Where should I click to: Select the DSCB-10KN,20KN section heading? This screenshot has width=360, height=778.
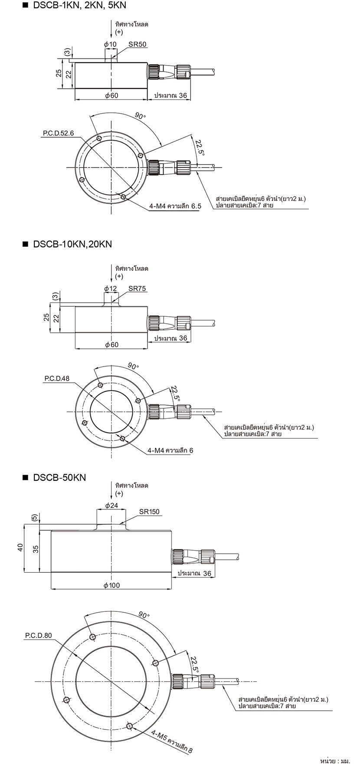(72, 244)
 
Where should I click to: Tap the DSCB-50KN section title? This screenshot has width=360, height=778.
(59, 477)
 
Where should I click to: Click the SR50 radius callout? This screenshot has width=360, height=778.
(137, 45)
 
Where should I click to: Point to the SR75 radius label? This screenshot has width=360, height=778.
(137, 289)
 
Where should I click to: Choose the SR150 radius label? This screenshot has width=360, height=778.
(149, 512)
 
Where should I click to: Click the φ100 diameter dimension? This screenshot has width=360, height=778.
(111, 585)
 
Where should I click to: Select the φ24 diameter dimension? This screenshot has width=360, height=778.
(111, 505)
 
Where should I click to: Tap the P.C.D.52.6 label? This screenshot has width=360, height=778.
(59, 133)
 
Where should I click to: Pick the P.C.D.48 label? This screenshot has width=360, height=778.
(57, 378)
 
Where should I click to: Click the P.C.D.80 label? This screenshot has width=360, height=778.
(38, 636)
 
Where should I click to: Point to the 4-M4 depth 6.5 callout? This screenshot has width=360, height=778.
(175, 206)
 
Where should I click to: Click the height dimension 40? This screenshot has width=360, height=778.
(20, 548)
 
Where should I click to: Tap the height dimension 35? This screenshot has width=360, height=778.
(36, 549)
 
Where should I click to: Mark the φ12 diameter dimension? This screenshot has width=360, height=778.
(111, 289)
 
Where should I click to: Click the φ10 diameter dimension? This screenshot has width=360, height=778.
(111, 45)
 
